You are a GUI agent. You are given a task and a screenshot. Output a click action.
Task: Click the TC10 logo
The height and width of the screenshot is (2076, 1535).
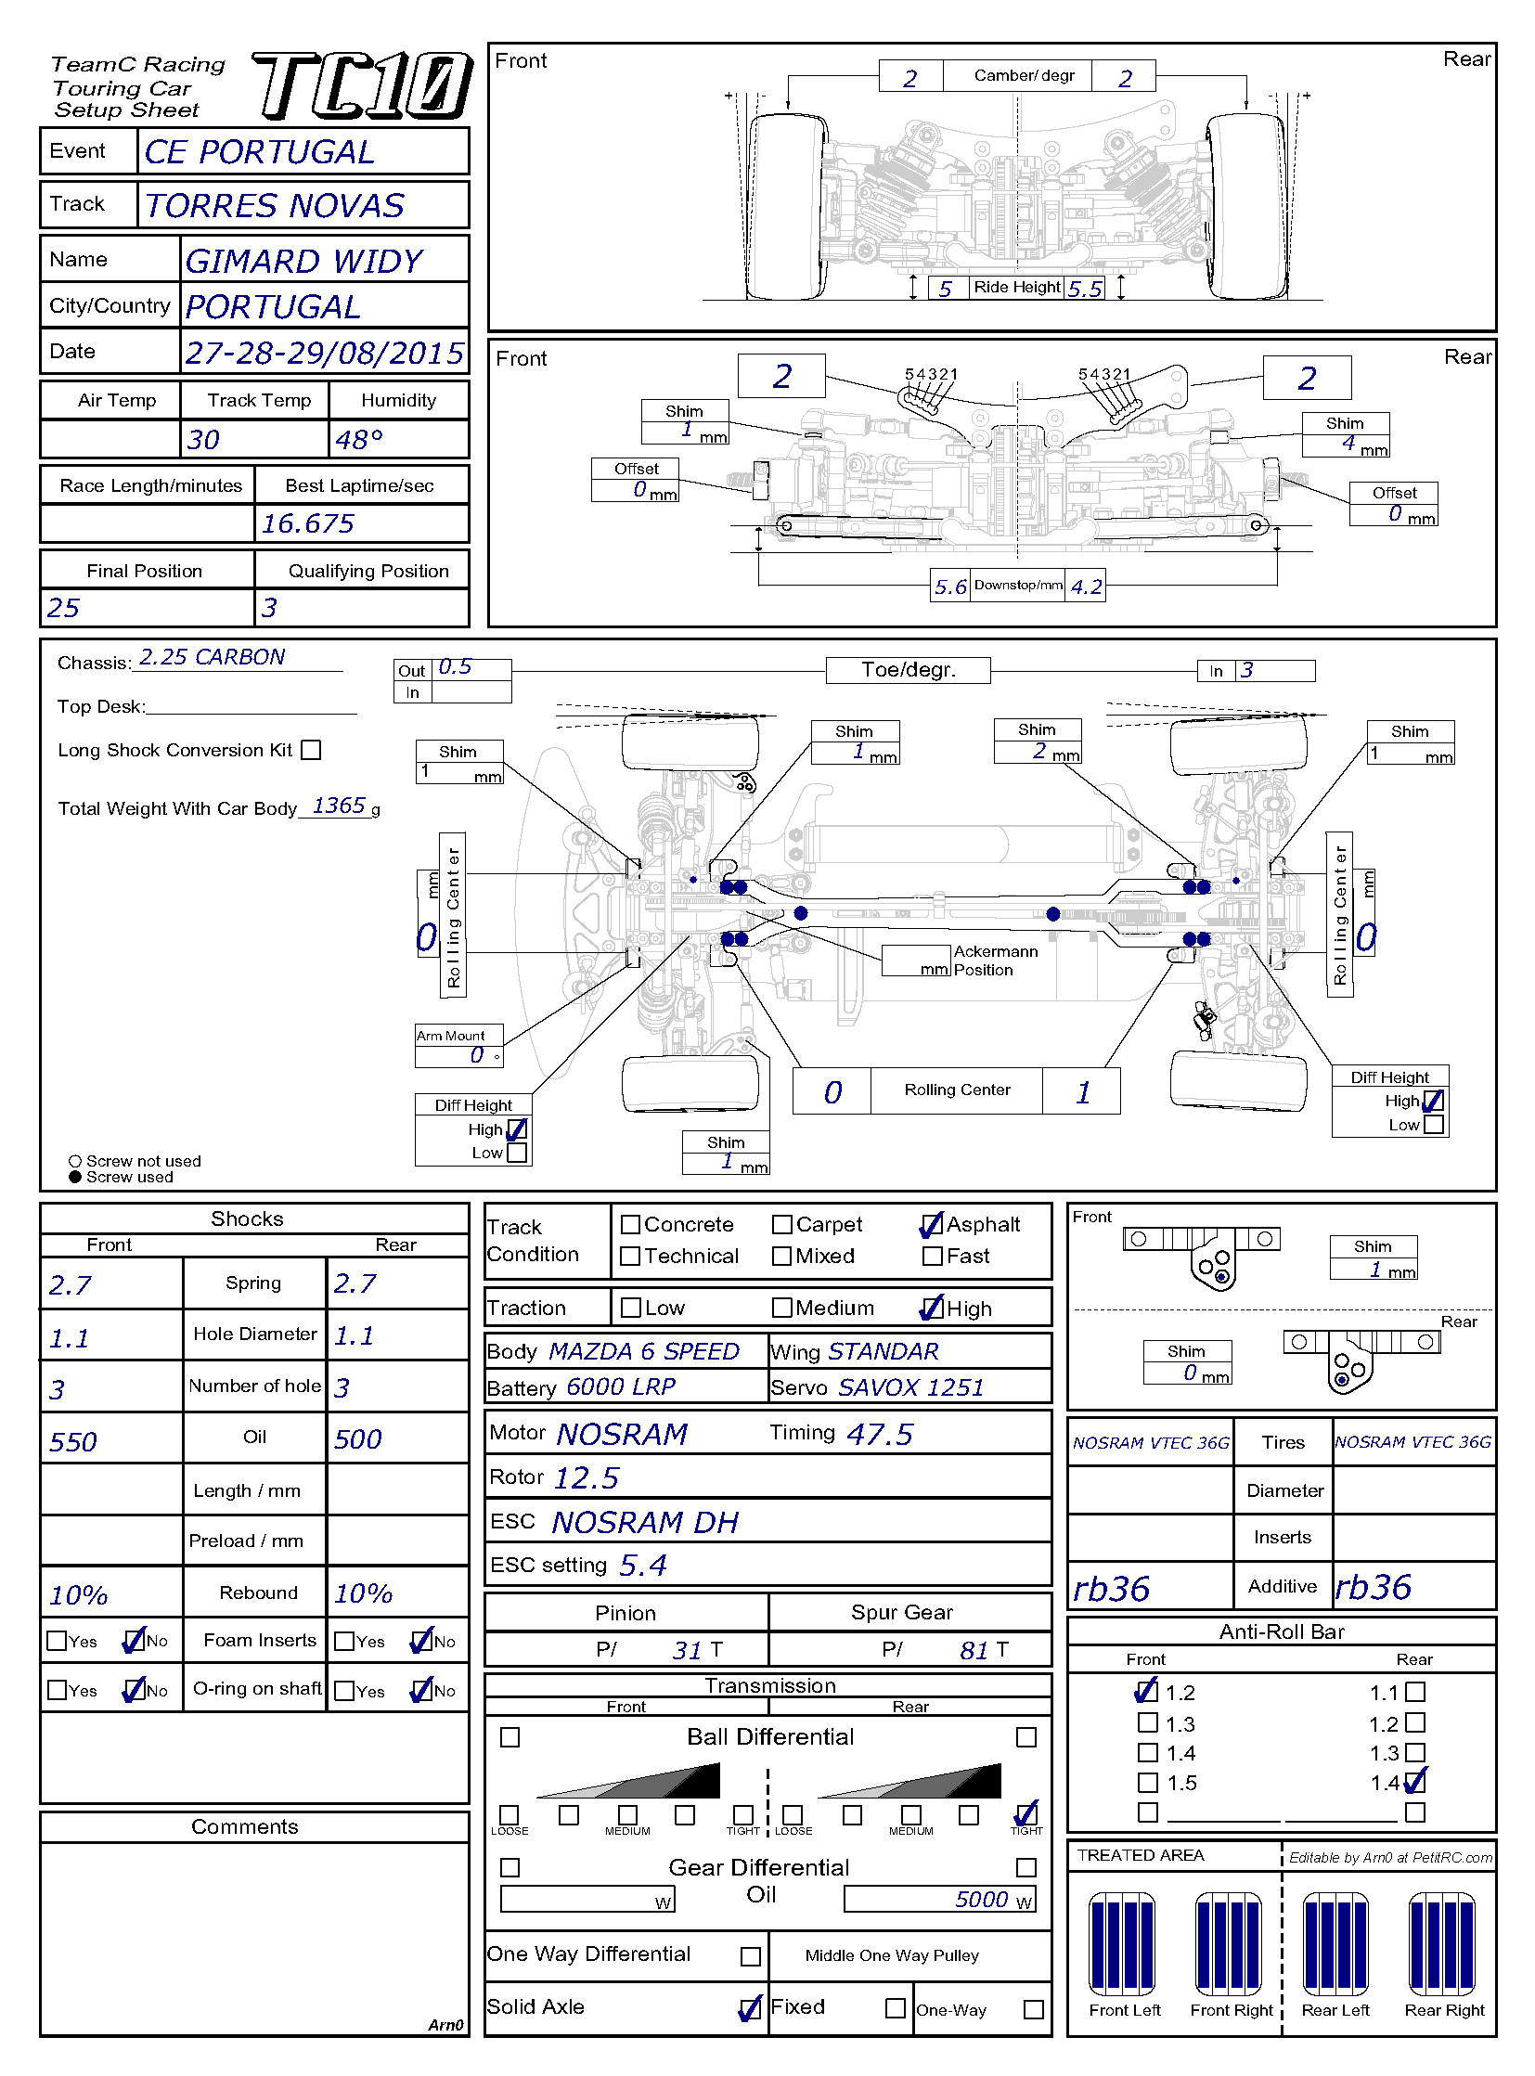362,86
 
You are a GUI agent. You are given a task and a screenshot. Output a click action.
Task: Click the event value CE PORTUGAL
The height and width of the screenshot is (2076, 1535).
259,152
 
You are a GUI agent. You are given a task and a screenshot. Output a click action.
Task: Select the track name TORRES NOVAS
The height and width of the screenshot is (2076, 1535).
275,205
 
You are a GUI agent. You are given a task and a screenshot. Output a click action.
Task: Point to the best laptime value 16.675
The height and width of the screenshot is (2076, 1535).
307,524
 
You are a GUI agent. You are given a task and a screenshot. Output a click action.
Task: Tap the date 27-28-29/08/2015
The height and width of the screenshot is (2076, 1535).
323,354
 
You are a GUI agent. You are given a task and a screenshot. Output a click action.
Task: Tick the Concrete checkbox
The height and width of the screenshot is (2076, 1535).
630,1225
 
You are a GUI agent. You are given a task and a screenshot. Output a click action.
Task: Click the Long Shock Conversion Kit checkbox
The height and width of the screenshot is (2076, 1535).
311,750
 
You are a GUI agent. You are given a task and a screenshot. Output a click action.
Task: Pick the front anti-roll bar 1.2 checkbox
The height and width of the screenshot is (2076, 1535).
1147,1690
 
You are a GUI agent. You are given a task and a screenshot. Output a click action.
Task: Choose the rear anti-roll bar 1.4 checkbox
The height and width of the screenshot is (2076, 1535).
1415,1782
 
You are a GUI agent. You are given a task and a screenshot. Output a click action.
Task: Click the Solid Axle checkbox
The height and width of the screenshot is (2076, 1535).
749,2008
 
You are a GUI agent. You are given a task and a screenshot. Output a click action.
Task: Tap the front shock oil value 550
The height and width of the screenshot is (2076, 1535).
73,1441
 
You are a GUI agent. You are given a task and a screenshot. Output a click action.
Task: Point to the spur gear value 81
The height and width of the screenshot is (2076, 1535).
974,1650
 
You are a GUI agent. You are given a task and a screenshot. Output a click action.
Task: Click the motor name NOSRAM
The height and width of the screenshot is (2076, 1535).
622,1435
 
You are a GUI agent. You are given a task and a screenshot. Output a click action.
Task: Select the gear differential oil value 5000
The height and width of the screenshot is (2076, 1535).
981,1900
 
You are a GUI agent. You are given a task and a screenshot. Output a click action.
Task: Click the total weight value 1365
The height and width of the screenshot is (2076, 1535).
338,806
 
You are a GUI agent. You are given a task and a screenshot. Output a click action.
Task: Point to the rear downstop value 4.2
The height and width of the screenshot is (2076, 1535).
1085,587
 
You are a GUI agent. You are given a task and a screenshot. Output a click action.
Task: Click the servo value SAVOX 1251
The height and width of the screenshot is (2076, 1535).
910,1387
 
